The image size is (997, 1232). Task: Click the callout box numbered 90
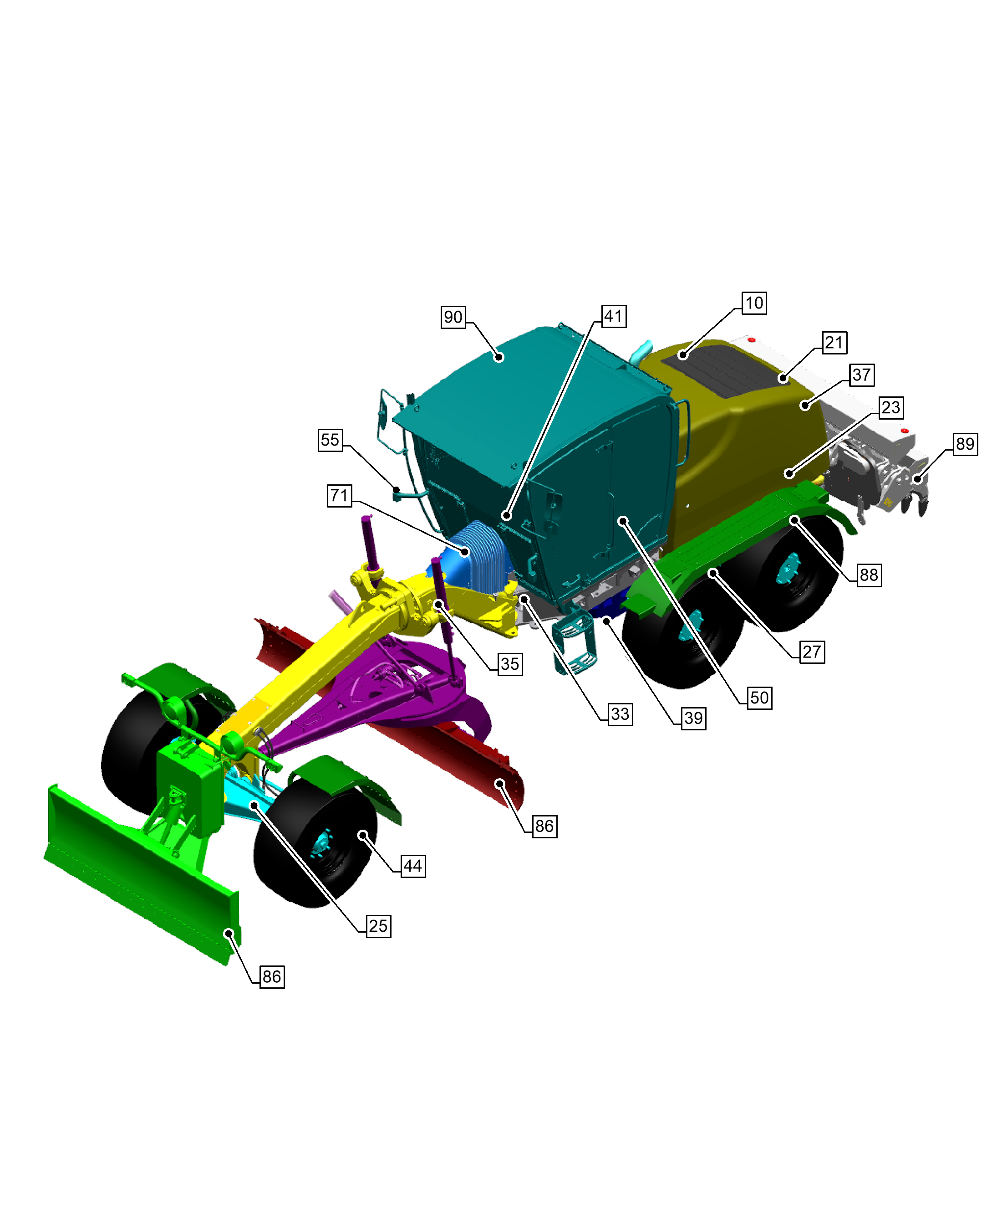[453, 317]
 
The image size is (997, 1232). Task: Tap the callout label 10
[754, 303]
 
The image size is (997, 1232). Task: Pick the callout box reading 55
[330, 440]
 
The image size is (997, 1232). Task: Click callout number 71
[340, 495]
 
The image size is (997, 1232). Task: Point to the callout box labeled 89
[965, 444]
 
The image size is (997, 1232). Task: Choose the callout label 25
[378, 926]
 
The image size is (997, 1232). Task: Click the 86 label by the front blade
[272, 976]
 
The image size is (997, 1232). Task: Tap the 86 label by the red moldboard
[544, 826]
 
